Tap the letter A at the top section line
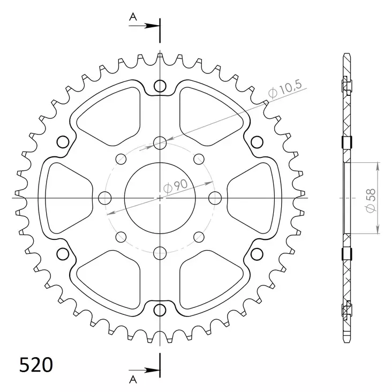[133, 17]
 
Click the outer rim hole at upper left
[63, 142]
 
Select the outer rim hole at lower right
[257, 253]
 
